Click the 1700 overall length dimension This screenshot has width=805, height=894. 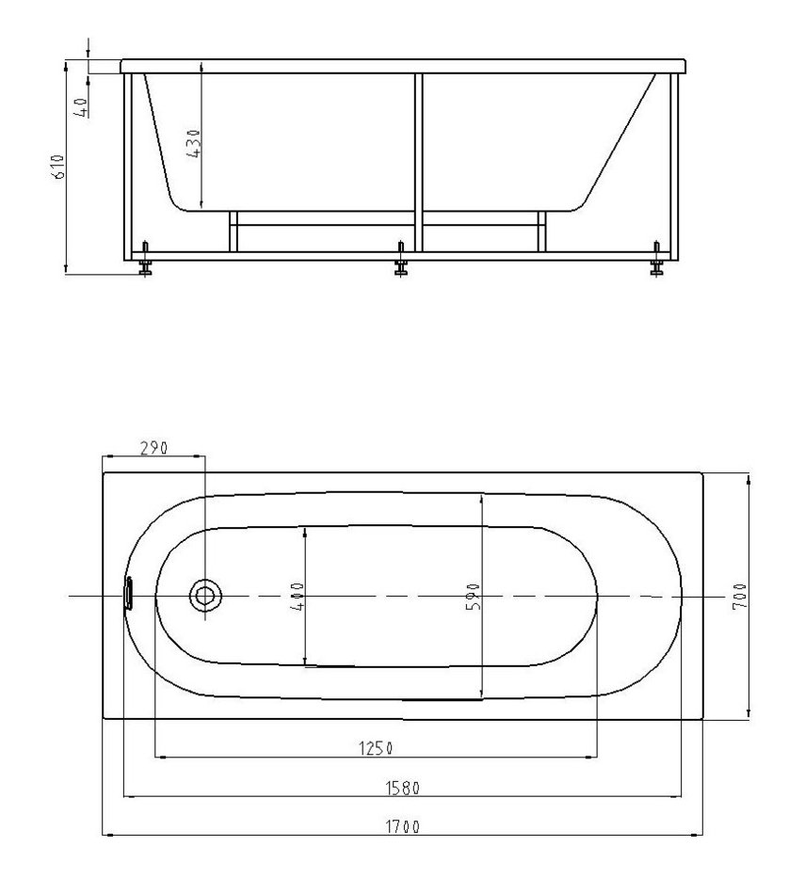[x=403, y=827]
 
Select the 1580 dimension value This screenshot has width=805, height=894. [x=403, y=789]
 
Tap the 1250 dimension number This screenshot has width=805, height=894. [x=376, y=748]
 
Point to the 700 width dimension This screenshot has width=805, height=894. [x=739, y=597]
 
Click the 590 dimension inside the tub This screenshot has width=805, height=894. [x=473, y=597]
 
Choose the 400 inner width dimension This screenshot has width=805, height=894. [x=297, y=597]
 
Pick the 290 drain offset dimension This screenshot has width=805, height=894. [x=154, y=448]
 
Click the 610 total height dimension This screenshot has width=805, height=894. [x=59, y=167]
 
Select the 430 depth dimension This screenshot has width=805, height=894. [x=194, y=144]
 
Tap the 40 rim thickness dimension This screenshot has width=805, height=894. [x=82, y=107]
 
